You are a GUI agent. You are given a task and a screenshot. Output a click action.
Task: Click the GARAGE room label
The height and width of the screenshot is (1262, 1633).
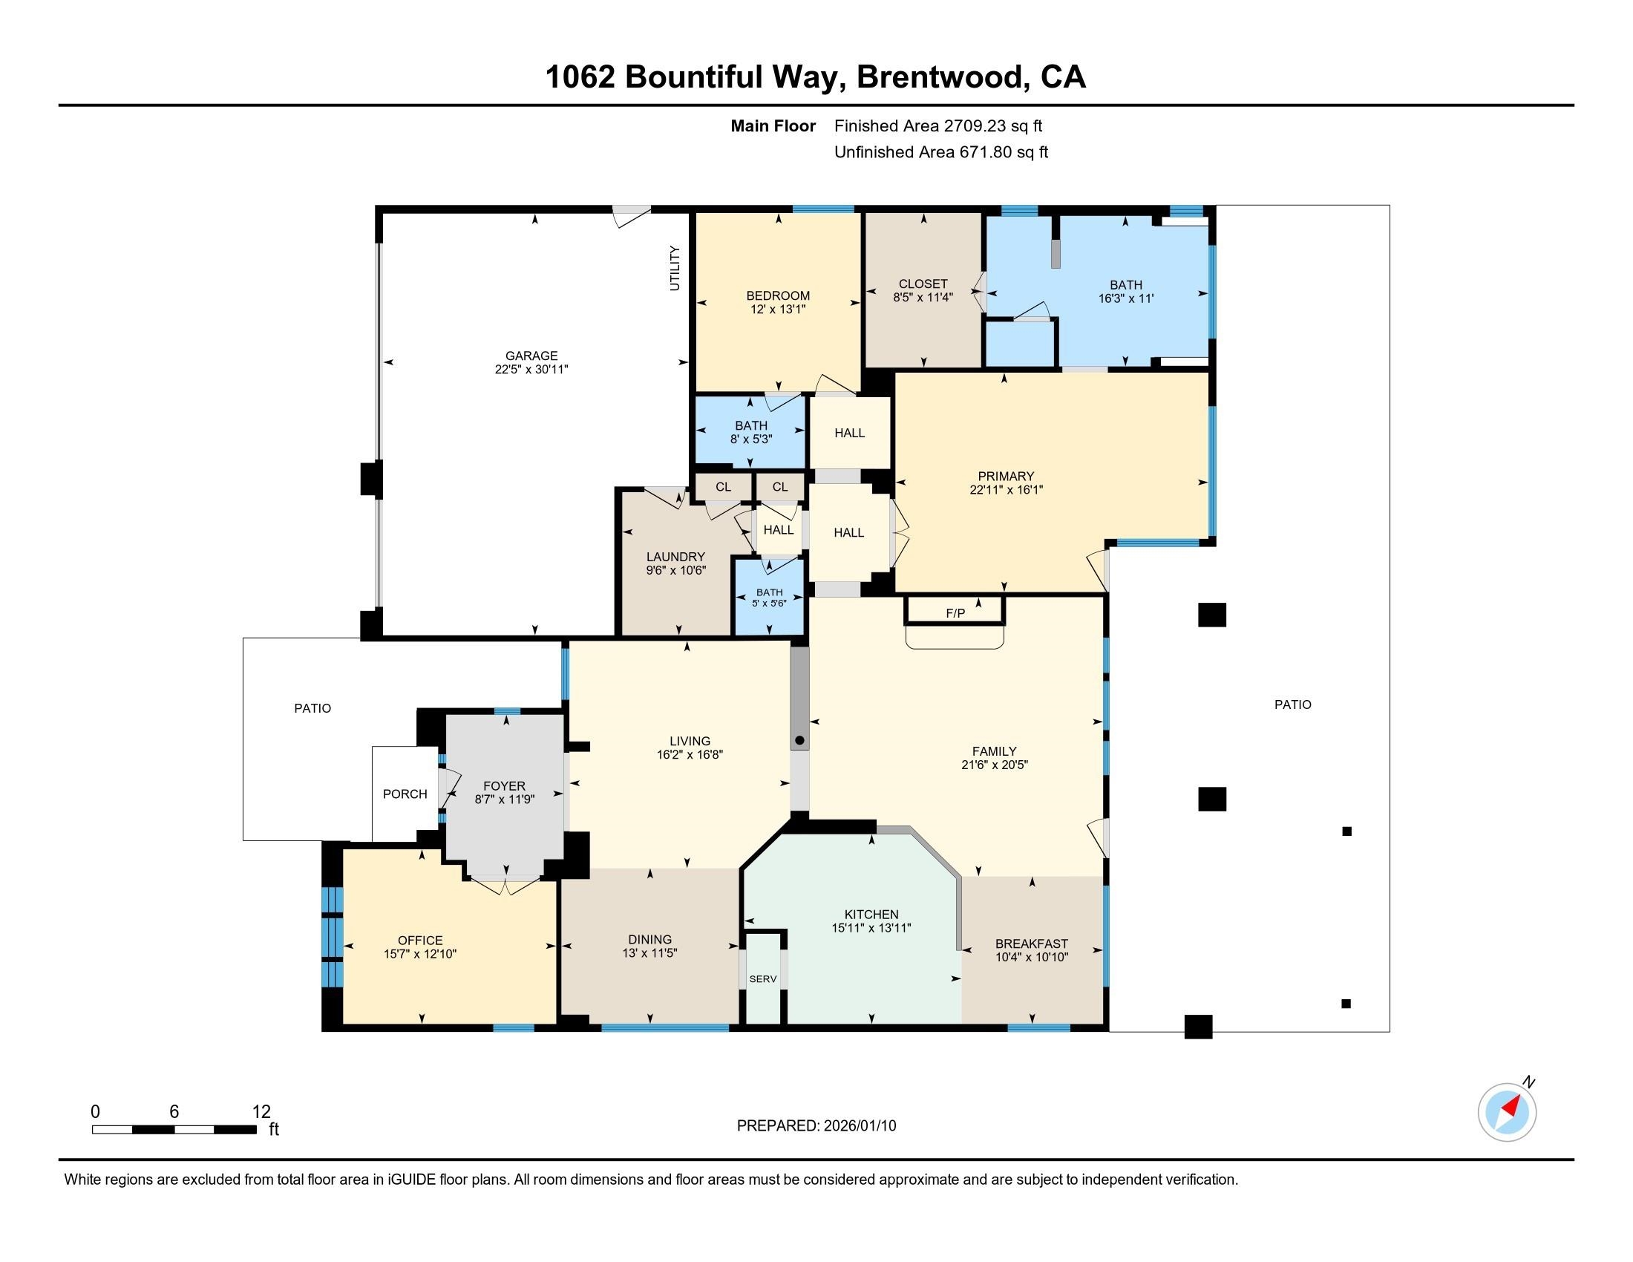coord(531,356)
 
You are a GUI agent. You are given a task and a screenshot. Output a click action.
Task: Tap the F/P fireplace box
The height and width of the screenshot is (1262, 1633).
coord(955,613)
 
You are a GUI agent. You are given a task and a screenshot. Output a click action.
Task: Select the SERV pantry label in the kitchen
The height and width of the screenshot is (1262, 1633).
coord(762,978)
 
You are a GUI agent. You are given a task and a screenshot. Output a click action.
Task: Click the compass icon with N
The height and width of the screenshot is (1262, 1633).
coord(1507,1112)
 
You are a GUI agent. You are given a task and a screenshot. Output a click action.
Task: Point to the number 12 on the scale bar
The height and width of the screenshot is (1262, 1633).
coord(261,1111)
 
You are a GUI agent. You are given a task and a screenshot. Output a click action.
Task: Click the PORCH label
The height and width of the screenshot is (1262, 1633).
coord(405,794)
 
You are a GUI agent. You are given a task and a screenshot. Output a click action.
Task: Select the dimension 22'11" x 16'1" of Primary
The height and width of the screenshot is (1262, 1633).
coord(1006,490)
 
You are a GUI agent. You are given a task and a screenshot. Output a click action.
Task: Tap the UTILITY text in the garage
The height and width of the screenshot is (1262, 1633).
coord(675,268)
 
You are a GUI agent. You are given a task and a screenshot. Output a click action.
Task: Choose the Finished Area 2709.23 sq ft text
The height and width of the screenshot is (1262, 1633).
coord(937,125)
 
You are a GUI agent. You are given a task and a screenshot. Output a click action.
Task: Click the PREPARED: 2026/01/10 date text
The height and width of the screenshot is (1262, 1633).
coord(816,1125)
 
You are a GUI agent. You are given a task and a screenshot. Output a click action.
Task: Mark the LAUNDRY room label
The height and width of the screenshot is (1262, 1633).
coord(675,556)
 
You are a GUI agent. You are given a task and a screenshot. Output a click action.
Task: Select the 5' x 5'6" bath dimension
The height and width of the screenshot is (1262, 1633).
coord(770,603)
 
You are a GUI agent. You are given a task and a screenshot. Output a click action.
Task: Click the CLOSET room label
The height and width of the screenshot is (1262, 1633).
coord(923,284)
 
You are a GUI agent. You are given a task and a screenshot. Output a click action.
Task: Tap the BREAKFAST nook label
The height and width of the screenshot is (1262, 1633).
coord(1031,944)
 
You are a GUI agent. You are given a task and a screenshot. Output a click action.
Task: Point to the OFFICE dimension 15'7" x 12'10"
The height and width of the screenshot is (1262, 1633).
coord(419,953)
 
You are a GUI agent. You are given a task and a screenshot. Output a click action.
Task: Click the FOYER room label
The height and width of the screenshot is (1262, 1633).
coord(504,785)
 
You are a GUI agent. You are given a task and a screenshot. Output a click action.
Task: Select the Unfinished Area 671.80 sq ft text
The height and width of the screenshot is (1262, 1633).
coord(940,151)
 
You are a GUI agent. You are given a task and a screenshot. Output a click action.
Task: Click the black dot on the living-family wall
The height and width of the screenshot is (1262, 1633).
coord(799,740)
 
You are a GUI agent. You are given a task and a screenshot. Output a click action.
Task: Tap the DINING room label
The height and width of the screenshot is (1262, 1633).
coord(649,939)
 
